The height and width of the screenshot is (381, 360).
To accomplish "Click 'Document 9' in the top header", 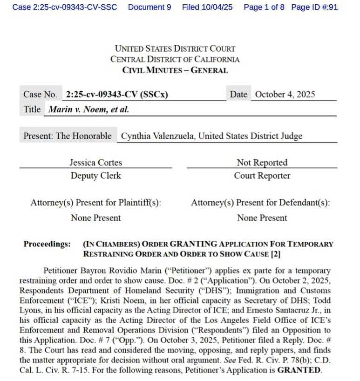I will pyautogui.click(x=149, y=7).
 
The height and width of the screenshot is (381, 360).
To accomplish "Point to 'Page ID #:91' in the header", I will pyautogui.click(x=314, y=7).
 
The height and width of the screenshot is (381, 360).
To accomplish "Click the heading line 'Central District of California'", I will pyautogui.click(x=175, y=59).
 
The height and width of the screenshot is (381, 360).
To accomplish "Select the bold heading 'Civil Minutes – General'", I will pyautogui.click(x=175, y=70).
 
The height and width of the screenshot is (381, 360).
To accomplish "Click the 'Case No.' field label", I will pyautogui.click(x=40, y=94).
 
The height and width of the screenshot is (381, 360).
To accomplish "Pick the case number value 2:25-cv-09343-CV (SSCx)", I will pyautogui.click(x=117, y=94).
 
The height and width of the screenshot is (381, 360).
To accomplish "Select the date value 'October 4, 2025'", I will pyautogui.click(x=285, y=94).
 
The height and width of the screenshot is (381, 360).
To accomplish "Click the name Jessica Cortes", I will pyautogui.click(x=95, y=163).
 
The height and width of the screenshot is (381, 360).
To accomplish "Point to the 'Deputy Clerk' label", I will pyautogui.click(x=95, y=176).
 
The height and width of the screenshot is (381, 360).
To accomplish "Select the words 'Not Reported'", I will pyautogui.click(x=262, y=163).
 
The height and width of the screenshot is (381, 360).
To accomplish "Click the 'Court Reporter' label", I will pyautogui.click(x=262, y=176).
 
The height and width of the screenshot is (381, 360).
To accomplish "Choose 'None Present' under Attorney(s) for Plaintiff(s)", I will pyautogui.click(x=95, y=218).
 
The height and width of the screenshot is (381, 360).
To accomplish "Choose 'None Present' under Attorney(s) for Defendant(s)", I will pyautogui.click(x=262, y=218).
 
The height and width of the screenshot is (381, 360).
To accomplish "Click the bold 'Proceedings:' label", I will pyautogui.click(x=47, y=244).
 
